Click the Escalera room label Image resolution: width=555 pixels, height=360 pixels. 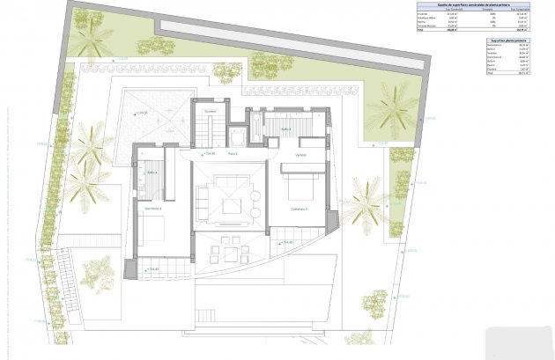(x=210, y=112)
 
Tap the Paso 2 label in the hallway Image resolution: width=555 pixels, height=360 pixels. (x=233, y=153)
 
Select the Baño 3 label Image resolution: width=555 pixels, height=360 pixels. (x=286, y=129)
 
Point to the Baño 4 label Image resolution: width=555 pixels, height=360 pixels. (x=152, y=173)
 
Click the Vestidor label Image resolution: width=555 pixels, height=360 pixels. (x=300, y=155)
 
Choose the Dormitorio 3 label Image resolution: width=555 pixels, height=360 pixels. (x=298, y=209)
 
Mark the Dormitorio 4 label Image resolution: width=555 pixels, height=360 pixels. (x=152, y=209)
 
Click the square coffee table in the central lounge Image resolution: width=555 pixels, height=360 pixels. (x=232, y=207)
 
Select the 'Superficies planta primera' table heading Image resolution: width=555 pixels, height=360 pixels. (x=508, y=40)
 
